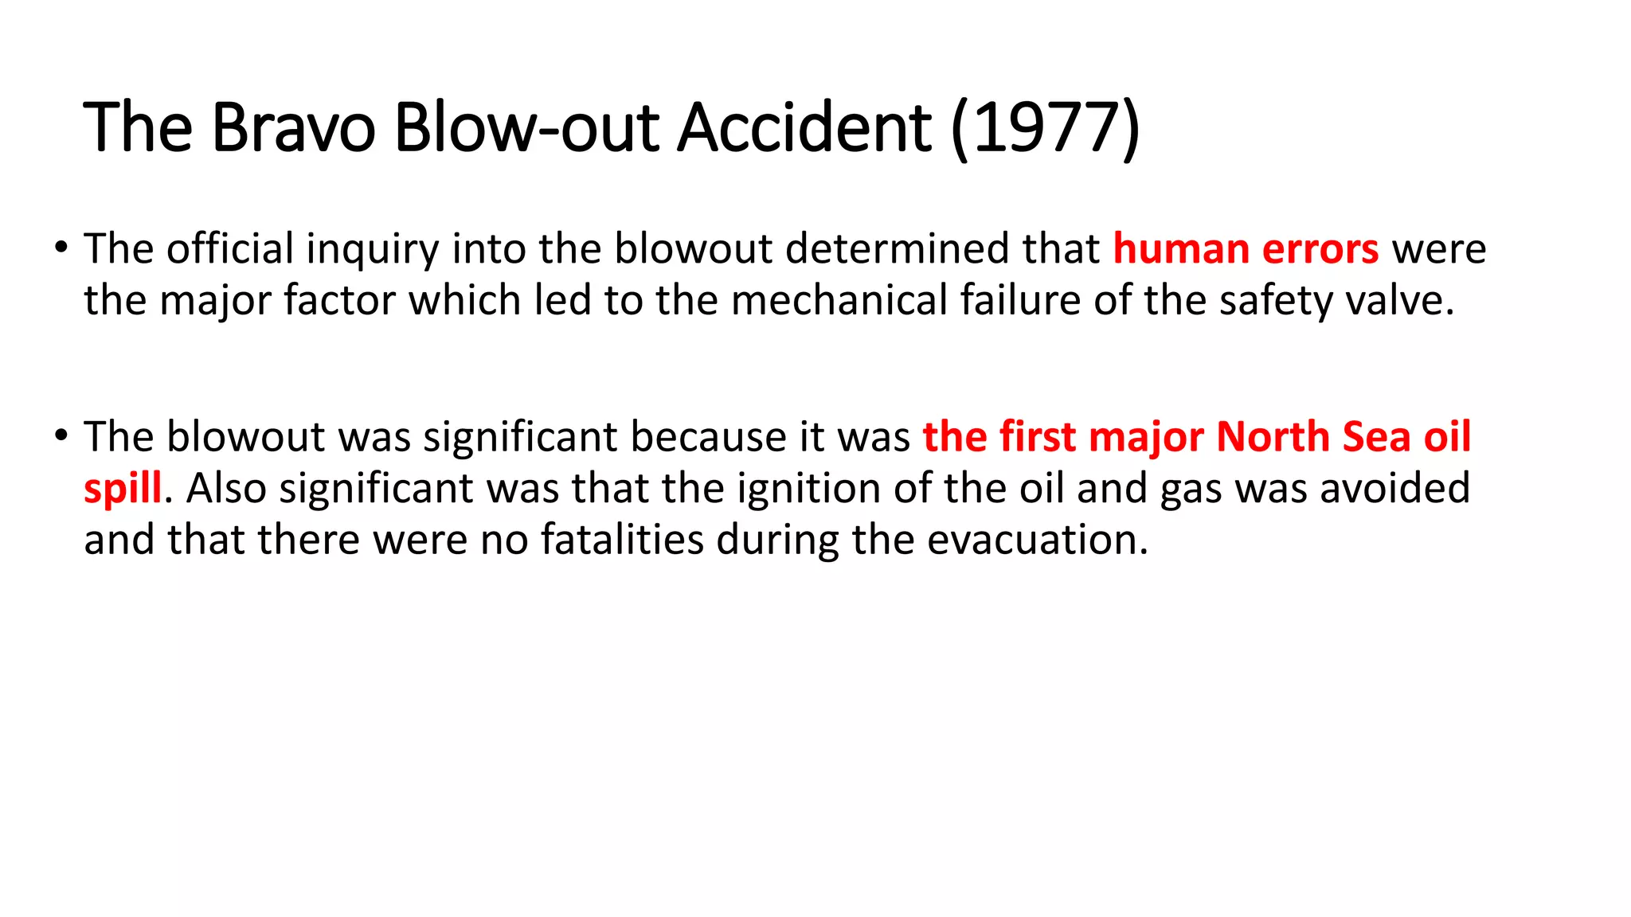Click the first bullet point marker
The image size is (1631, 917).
[x=61, y=248]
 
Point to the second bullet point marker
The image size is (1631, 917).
[x=61, y=436]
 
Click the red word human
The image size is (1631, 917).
[x=1181, y=249]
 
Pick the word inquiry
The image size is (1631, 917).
[x=372, y=249]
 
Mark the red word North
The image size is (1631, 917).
[x=1273, y=437]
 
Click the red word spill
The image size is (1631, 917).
[x=123, y=489]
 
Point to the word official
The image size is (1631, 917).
[x=230, y=249]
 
